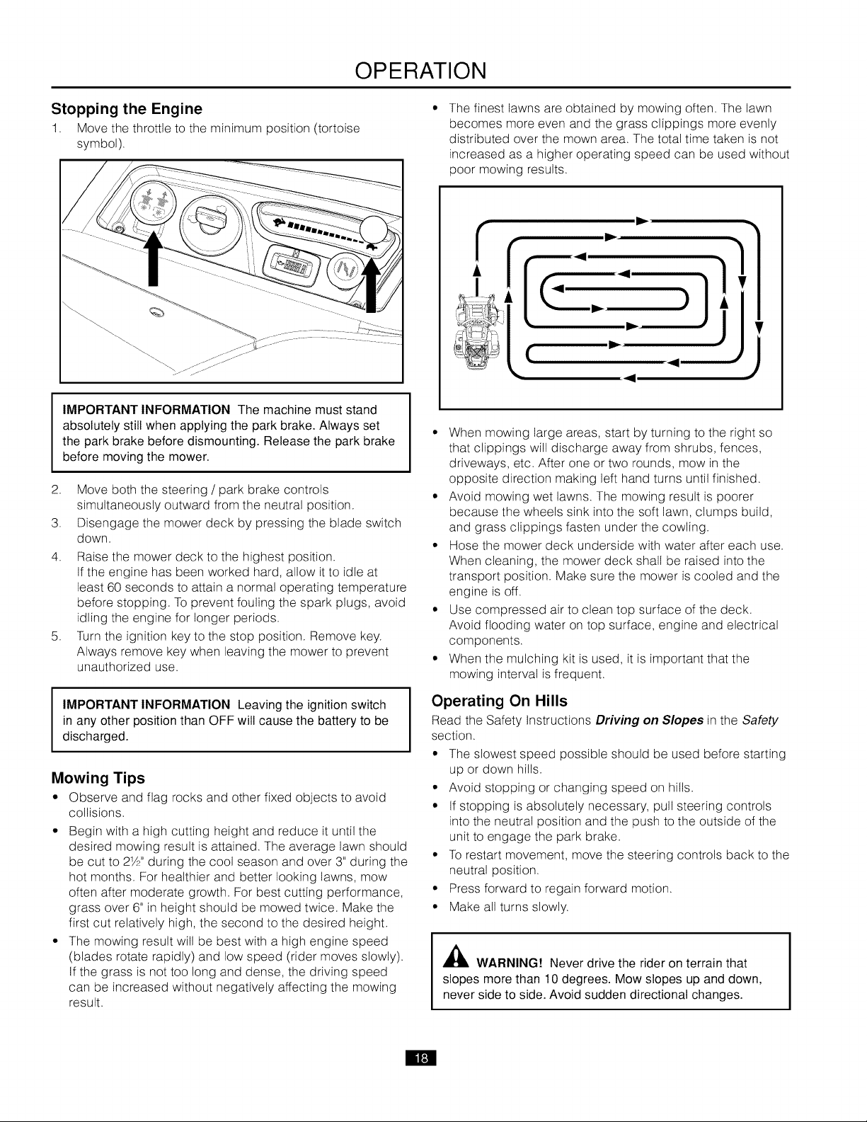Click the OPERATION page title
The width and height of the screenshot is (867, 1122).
tap(420, 71)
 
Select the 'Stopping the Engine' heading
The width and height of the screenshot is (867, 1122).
tap(127, 109)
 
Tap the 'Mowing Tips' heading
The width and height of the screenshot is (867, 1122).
tap(98, 778)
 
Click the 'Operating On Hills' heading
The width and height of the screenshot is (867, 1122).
tap(499, 701)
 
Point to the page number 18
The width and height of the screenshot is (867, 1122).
tap(421, 1058)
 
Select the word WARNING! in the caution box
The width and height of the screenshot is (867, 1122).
tap(509, 963)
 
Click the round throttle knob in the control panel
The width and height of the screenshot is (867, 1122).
tap(373, 230)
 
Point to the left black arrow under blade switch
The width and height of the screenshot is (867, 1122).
tap(153, 258)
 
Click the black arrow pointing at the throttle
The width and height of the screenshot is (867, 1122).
tap(371, 285)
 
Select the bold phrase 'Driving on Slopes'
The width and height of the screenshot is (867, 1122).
tap(649, 721)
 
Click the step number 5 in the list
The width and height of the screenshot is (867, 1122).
tap(55, 636)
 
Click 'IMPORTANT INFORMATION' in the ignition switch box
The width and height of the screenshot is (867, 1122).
tap(146, 705)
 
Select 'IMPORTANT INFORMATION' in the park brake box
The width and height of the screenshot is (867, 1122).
tap(146, 410)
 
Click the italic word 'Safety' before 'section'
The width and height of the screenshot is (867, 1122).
tap(759, 721)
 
